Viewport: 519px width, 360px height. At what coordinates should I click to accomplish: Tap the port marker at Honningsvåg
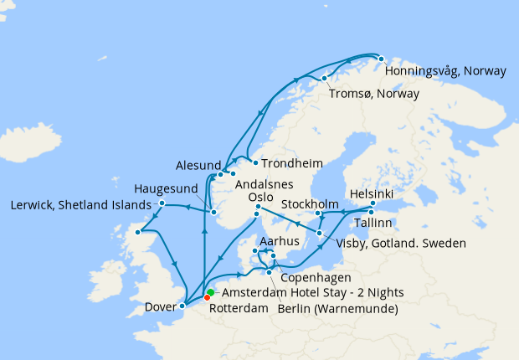[381, 59]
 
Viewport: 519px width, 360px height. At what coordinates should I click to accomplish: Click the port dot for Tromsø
[324, 79]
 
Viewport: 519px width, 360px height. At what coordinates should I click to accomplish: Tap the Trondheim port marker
[255, 162]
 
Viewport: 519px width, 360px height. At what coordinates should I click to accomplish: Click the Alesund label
[198, 165]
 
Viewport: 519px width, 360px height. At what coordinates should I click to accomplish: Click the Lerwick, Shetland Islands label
[80, 204]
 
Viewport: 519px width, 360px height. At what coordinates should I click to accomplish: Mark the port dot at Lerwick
[162, 203]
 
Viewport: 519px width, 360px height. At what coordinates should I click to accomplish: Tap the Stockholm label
[310, 204]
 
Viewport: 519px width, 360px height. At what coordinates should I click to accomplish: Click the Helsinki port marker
[373, 204]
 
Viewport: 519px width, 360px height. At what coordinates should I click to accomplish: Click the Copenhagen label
[311, 277]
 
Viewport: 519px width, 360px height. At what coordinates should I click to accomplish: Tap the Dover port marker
[182, 306]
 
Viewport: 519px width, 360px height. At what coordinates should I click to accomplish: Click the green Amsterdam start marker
[211, 292]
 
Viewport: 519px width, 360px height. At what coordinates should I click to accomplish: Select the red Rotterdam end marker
[207, 298]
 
